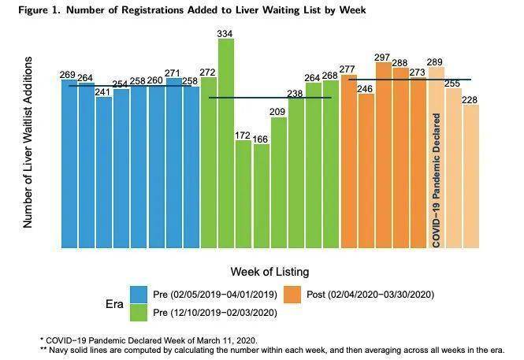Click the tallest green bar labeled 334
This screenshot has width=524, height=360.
tap(226, 143)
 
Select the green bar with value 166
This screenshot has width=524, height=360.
tap(262, 196)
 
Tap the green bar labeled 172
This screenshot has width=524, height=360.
tap(243, 194)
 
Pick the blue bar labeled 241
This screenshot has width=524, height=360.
tap(104, 173)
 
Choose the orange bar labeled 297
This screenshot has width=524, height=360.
tap(383, 155)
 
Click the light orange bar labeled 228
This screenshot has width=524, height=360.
tap(471, 176)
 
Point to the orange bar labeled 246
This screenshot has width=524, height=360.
tap(366, 171)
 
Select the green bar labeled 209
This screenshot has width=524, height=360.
tap(279, 183)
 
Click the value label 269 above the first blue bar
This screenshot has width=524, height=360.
tap(68, 75)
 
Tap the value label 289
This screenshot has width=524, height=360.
tap(435, 62)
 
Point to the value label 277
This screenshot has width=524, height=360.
tap(347, 69)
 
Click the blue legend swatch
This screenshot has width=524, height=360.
tap(139, 295)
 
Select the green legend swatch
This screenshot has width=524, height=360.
tap(139, 313)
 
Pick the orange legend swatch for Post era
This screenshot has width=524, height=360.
tap(292, 295)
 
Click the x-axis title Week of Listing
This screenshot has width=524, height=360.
tap(269, 272)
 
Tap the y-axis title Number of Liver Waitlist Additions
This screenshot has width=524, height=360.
tap(28, 143)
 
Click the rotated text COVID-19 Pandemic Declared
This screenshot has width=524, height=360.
tap(436, 180)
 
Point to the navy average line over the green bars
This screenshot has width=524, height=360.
tap(270, 98)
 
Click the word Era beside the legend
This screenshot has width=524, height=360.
tap(114, 304)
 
